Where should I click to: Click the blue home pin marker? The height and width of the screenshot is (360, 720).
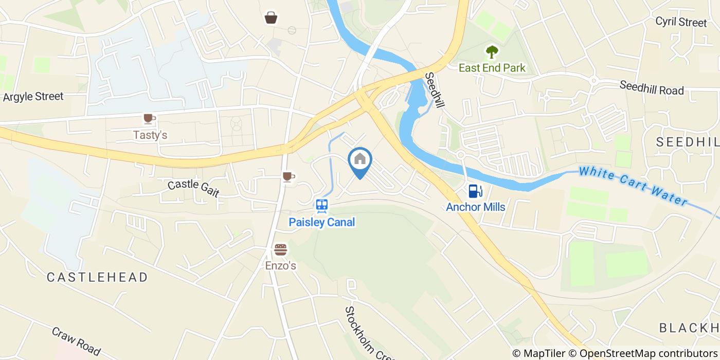pos(360,160)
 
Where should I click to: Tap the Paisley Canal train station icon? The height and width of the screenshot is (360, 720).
pos(322,206)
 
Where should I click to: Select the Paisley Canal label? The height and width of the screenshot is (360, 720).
pos(322,222)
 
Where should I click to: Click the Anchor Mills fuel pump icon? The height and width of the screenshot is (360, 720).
pos(475,191)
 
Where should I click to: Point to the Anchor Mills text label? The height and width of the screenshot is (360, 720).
pos(475,207)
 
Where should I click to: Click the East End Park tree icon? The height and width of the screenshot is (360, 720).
pos(492,51)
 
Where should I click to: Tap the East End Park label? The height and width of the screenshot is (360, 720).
pos(492,67)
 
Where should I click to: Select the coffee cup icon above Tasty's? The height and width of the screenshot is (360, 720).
pos(149,119)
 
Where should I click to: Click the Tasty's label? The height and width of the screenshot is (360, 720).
pos(150,135)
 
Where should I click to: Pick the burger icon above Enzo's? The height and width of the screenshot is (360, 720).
pos(280,250)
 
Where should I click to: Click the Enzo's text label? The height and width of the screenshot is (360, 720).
pos(280,266)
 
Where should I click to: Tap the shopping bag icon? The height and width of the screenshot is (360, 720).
pos(271,18)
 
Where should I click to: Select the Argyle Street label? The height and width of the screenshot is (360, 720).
pos(33,96)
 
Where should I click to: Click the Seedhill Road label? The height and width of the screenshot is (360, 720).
pos(652,88)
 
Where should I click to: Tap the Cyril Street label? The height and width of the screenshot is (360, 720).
pos(681,22)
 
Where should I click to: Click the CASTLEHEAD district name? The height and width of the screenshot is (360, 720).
pos(97,277)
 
